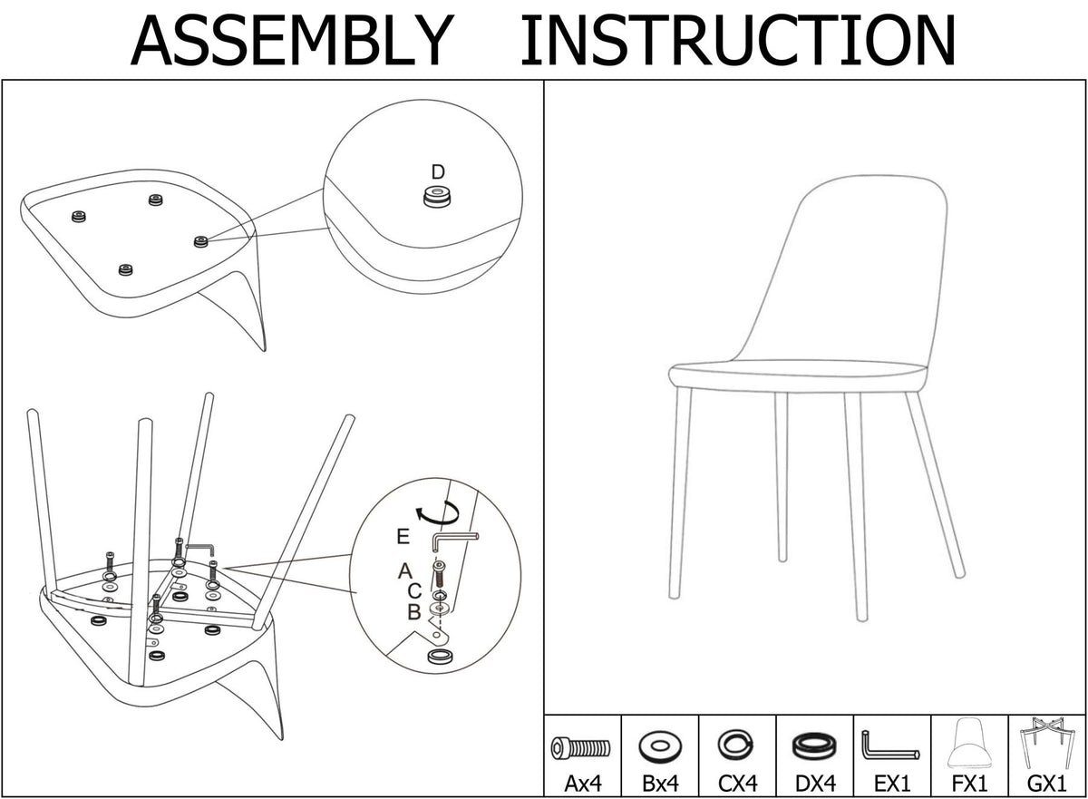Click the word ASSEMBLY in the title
pyautogui.click(x=292, y=40)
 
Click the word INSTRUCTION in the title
pyautogui.click(x=738, y=40)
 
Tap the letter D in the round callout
pyautogui.click(x=438, y=172)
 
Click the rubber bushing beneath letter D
pyautogui.click(x=437, y=196)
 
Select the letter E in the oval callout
pyautogui.click(x=403, y=537)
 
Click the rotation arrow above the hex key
pyautogui.click(x=438, y=513)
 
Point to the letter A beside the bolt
pyautogui.click(x=404, y=571)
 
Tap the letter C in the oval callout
pyautogui.click(x=414, y=591)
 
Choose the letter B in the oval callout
pyautogui.click(x=413, y=612)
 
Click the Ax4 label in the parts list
pyautogui.click(x=583, y=783)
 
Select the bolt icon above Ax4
pyautogui.click(x=580, y=748)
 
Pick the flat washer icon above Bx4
pyautogui.click(x=660, y=746)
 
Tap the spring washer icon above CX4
pyautogui.click(x=736, y=744)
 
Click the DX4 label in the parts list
pyautogui.click(x=815, y=783)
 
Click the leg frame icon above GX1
pyautogui.click(x=1046, y=742)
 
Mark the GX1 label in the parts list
pyautogui.click(x=1046, y=783)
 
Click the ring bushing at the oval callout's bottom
pyautogui.click(x=441, y=657)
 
